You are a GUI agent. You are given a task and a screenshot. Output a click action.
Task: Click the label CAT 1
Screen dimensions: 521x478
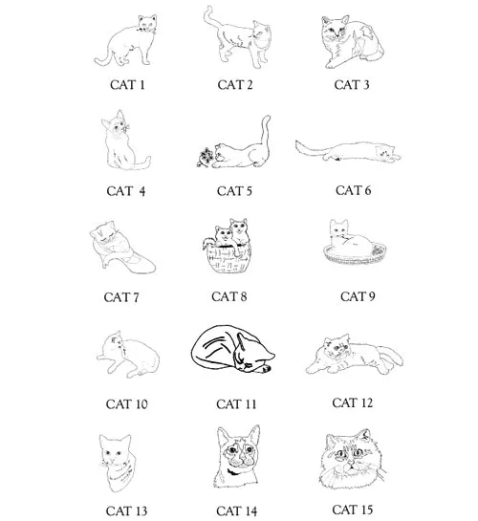pyautogui.click(x=126, y=85)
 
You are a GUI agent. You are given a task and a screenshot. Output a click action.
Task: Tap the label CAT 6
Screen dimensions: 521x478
pyautogui.click(x=353, y=190)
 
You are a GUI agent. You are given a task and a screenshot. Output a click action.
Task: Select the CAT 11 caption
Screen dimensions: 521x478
pyautogui.click(x=234, y=403)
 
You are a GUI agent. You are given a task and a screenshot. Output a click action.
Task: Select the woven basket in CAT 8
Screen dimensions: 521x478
pyautogui.click(x=228, y=260)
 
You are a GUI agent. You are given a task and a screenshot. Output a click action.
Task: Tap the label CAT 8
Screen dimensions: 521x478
pyautogui.click(x=229, y=296)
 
